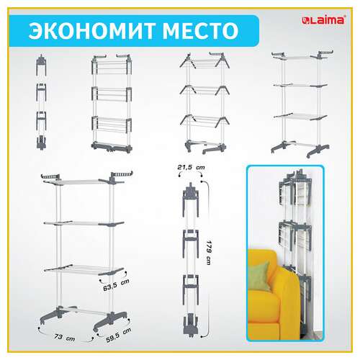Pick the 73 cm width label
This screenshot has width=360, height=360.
[x=67, y=336]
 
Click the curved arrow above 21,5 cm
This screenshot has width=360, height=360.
[x=192, y=175]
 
